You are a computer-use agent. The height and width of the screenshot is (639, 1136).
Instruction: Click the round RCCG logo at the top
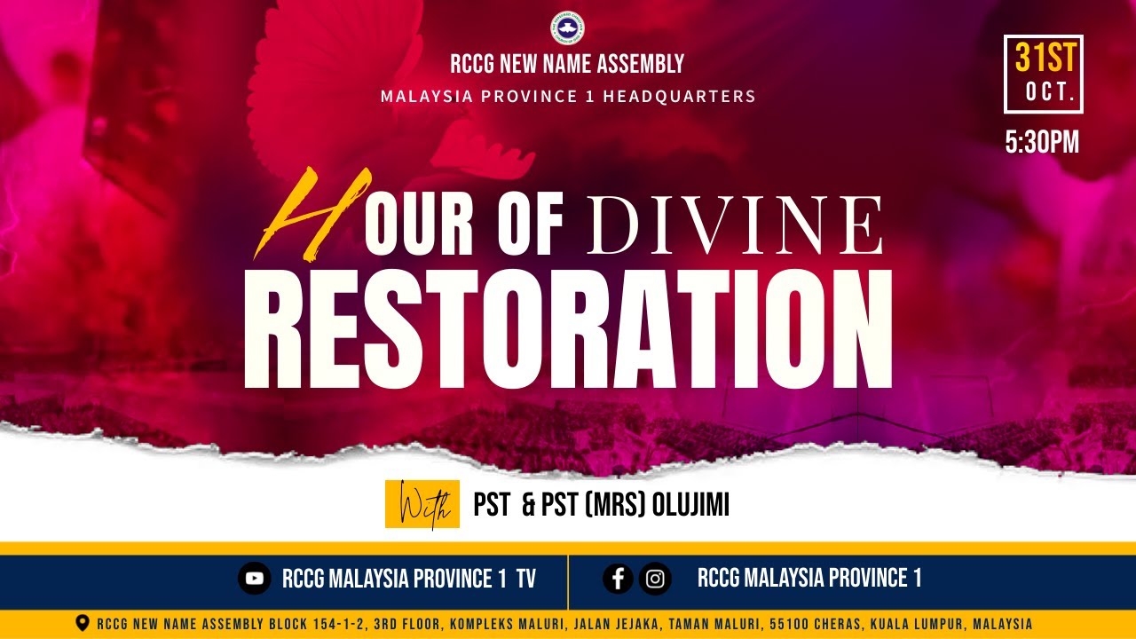567,28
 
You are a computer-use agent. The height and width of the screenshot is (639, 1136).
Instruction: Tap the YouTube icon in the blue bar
255,579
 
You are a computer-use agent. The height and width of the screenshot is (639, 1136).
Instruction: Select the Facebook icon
619,579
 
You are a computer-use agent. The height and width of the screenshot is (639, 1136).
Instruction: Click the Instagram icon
655,579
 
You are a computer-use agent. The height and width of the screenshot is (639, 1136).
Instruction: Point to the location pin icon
83,623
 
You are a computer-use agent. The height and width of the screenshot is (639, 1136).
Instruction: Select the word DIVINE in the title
735,227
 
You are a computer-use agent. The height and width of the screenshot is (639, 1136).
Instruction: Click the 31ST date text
1044,59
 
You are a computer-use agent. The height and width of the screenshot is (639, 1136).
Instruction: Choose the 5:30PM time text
1042,143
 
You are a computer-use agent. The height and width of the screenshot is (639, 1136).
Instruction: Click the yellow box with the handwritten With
422,505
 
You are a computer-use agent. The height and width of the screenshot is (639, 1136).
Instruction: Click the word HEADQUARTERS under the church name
679,96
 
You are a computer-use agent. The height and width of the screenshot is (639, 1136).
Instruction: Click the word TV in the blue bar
526,580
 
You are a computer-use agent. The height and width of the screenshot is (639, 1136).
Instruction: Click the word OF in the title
531,228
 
